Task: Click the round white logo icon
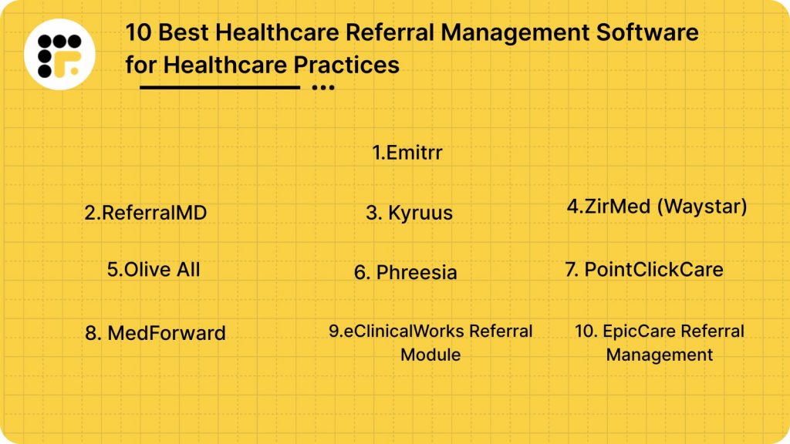point(59,54)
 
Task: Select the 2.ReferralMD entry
point(146,213)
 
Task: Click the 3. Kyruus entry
point(409,213)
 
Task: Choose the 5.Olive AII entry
point(154,269)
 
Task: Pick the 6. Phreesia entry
point(406,272)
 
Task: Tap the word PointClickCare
point(653,269)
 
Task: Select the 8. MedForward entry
point(155,333)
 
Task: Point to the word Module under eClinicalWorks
point(430,355)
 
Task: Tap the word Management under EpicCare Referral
point(659,355)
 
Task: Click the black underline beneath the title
point(219,87)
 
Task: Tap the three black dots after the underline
point(322,87)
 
